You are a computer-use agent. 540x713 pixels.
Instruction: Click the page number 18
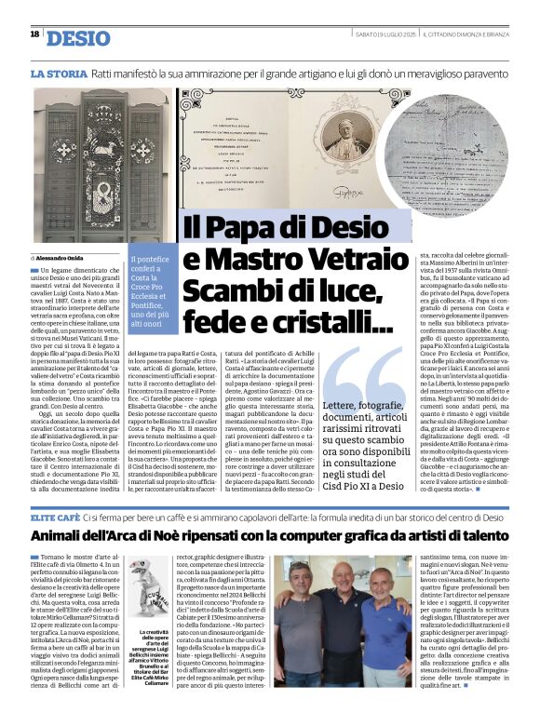(34, 34)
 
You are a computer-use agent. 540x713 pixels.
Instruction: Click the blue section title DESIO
(78, 37)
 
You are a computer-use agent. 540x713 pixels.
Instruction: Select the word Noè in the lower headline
(206, 535)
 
